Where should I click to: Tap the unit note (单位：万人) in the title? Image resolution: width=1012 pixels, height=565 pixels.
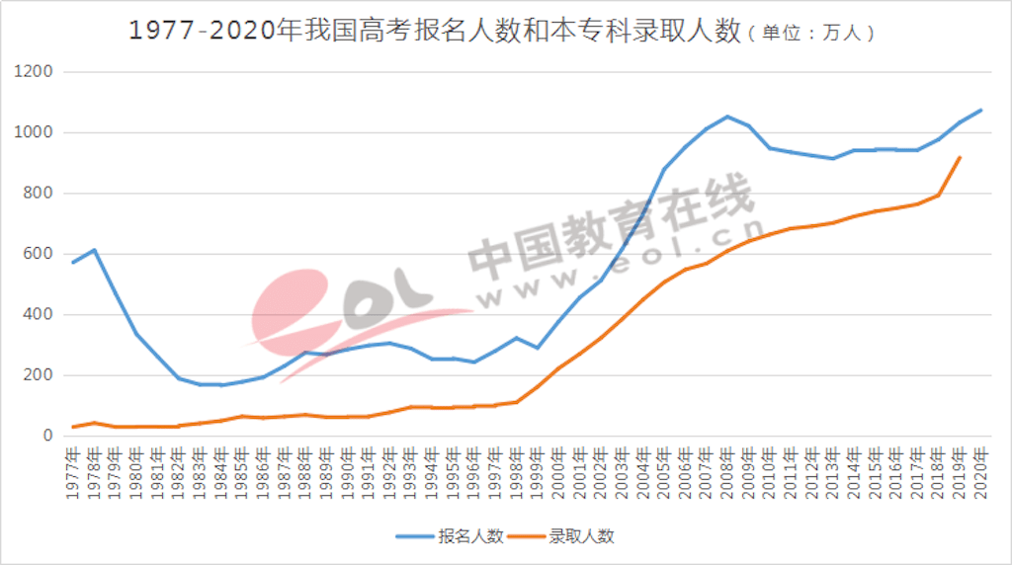click(x=810, y=33)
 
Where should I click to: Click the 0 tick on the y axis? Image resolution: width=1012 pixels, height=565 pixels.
click(x=46, y=436)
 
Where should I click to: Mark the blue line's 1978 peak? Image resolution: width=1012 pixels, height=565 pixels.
click(x=94, y=250)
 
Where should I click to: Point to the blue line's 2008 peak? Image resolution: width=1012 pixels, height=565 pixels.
click(x=727, y=117)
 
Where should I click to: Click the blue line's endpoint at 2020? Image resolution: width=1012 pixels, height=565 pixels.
click(x=980, y=110)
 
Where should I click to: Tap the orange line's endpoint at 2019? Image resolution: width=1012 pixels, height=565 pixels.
click(x=960, y=157)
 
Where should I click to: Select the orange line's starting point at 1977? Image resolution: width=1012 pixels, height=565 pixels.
click(x=73, y=427)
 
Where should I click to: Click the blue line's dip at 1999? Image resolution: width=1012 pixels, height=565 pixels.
click(x=538, y=348)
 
